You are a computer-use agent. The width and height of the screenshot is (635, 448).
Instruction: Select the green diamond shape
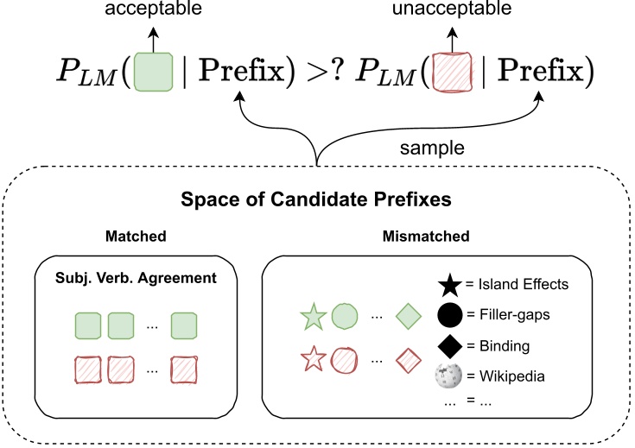pyautogui.click(x=407, y=318)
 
